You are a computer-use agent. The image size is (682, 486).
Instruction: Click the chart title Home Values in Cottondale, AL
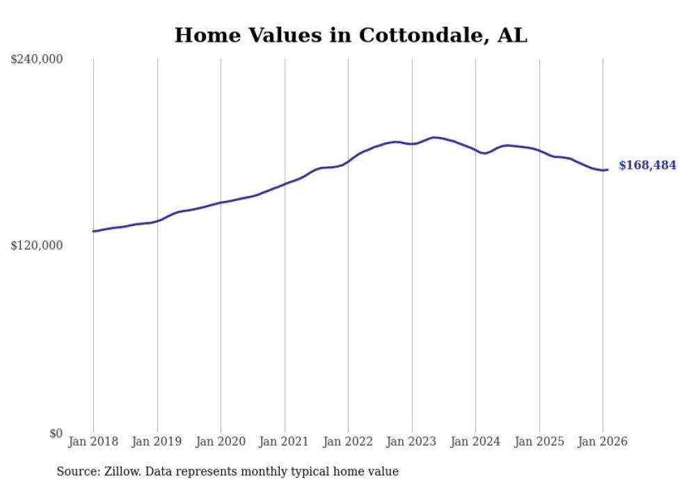pos(350,35)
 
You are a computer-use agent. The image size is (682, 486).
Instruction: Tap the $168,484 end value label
pos(647,165)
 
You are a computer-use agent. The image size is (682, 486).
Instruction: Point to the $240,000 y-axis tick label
pos(37,60)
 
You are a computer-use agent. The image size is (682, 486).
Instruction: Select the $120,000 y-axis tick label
pos(37,245)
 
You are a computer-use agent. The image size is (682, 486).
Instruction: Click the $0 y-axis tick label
pos(56,433)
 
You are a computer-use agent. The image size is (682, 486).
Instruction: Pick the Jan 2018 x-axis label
pos(93,442)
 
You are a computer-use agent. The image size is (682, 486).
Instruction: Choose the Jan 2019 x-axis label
pos(157,442)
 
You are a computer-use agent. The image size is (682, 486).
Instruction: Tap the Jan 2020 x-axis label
pos(221,442)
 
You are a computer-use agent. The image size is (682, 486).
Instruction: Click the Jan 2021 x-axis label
pos(285,442)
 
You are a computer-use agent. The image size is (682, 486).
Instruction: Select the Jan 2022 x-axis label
pos(348,442)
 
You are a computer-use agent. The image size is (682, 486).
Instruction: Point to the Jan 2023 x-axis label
pos(412,442)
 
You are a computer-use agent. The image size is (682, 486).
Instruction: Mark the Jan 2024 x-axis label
pos(475,442)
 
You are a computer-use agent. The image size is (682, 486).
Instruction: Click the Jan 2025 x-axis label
pos(539,442)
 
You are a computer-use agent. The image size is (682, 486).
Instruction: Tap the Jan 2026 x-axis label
pos(603,442)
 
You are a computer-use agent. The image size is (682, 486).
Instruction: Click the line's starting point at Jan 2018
pos(93,231)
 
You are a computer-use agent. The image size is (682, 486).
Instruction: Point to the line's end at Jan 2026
pos(608,170)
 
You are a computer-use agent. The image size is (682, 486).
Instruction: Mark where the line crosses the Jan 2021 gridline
pos(285,184)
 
